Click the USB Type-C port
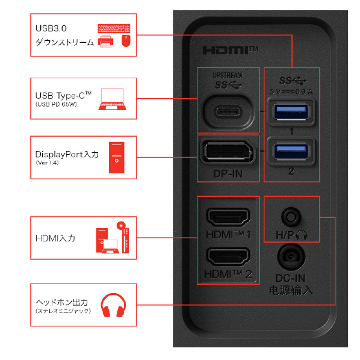pos(228,112)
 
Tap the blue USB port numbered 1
pos(291,112)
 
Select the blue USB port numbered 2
pos(291,151)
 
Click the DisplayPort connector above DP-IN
pos(228,151)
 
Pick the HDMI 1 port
pos(228,216)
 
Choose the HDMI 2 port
pos(228,256)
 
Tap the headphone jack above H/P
pos(291,217)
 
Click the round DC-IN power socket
pos(291,256)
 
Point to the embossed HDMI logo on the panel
pos(231,50)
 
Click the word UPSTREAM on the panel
pos(228,75)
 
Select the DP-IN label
pos(228,174)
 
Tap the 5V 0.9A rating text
pos(291,92)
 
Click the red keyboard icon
pos(114,28)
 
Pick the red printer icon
pos(105,41)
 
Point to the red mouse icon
pos(126,41)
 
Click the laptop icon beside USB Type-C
pos(112,99)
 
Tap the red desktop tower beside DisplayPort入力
pos(117,158)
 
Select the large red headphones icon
pos(113,305)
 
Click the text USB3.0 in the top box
pos(51,28)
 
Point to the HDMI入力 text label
pos(55,238)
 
